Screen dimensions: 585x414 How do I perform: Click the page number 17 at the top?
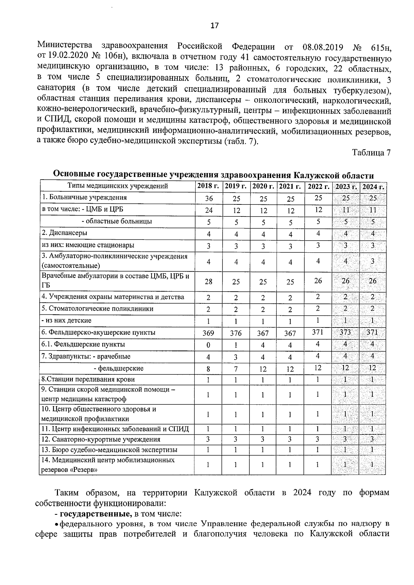(214, 26)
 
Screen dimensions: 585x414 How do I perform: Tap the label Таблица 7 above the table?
(371, 153)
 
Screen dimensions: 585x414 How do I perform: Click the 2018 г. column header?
(208, 186)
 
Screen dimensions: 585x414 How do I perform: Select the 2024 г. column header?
(373, 187)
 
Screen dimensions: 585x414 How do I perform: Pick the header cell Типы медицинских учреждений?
(118, 186)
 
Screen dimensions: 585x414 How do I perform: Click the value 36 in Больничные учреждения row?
(209, 199)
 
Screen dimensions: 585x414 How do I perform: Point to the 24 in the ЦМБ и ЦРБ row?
(209, 210)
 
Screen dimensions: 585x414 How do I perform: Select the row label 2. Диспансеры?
(65, 233)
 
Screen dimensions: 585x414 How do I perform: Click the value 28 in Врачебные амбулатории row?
(208, 282)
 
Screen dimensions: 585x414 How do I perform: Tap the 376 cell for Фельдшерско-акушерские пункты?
(236, 333)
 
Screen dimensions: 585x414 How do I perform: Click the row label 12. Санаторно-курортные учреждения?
(101, 440)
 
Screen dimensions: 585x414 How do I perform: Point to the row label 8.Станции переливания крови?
(88, 380)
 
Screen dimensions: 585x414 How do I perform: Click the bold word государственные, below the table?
(96, 514)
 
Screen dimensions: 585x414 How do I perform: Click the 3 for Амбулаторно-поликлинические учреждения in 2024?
(373, 261)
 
